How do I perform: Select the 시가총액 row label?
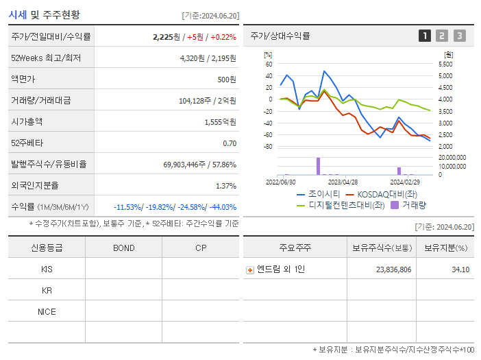[x=27, y=122]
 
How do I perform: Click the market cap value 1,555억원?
[x=220, y=122]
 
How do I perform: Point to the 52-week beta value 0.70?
[x=230, y=143]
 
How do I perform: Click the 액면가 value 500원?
[x=227, y=80]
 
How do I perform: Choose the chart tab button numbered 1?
[x=425, y=36]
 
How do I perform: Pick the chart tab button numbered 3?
[x=459, y=36]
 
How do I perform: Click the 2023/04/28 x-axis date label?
[x=343, y=182]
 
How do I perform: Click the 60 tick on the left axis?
[x=269, y=64]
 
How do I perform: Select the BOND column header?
[x=123, y=248]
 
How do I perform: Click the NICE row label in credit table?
[x=47, y=311]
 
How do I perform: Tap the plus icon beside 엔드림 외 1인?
[x=250, y=269]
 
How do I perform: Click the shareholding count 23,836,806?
[x=393, y=269]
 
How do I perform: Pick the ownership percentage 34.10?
[x=460, y=269]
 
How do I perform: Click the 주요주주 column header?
[x=294, y=248]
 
